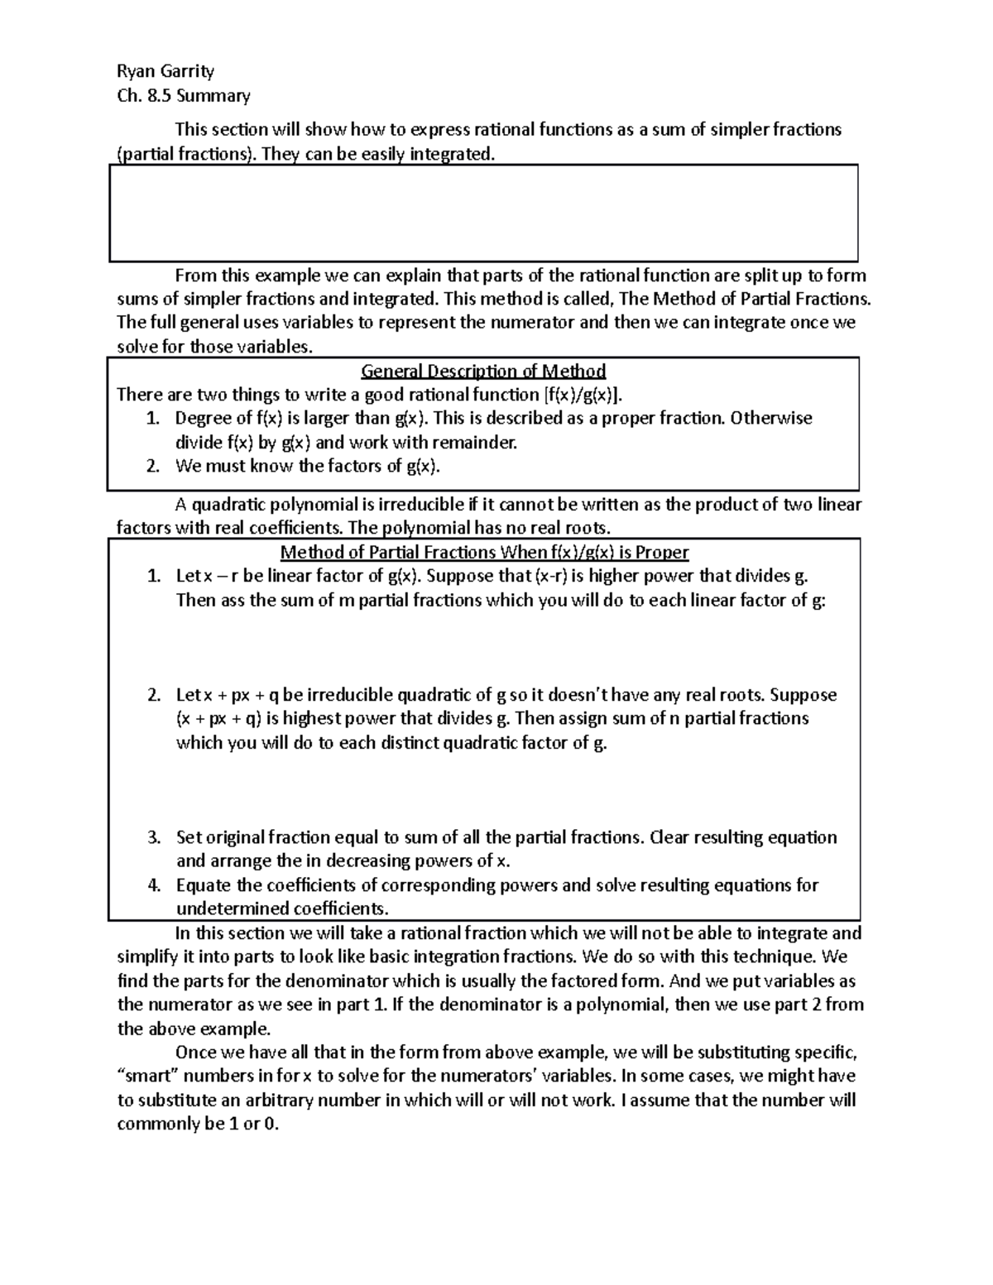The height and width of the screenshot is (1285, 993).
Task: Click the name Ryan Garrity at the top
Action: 165,71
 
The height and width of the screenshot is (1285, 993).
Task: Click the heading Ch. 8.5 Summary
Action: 184,96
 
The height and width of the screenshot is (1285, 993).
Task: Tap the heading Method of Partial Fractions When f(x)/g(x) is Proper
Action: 484,552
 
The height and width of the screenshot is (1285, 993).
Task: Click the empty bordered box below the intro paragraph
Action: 483,213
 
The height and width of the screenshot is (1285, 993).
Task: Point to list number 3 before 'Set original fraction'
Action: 154,837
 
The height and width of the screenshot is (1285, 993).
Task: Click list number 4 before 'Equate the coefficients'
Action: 154,885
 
